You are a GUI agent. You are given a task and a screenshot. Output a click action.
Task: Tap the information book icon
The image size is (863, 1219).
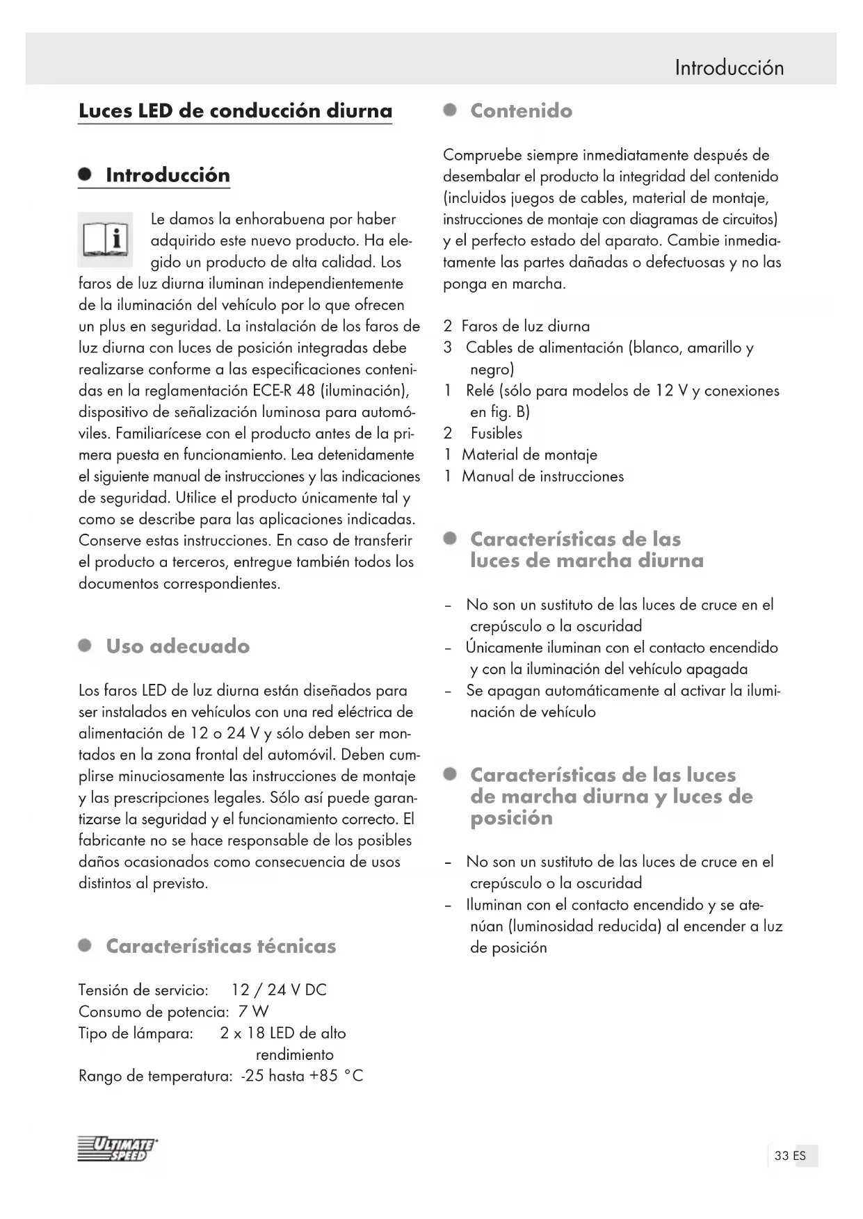[x=105, y=240]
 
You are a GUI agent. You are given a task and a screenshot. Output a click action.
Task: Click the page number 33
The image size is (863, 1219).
[x=782, y=1156]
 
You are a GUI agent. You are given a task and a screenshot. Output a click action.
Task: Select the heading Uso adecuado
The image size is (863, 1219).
[x=177, y=646]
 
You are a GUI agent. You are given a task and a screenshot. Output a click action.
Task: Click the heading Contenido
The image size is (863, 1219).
[x=521, y=111]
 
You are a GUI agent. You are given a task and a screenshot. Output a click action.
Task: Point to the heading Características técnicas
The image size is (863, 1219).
[x=220, y=947]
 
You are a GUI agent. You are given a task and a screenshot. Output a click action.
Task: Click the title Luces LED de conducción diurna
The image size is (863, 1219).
[x=235, y=111]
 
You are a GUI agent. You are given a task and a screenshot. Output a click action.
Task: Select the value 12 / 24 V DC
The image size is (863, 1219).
[x=279, y=990]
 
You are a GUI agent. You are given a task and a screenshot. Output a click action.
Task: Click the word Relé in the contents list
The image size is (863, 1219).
[x=481, y=391]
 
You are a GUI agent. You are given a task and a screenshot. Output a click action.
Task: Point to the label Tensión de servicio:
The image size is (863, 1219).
[x=143, y=990]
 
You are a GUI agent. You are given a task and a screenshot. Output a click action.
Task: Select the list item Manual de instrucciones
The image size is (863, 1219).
[x=542, y=477]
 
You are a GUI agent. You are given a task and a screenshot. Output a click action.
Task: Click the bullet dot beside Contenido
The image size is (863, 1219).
[x=451, y=111]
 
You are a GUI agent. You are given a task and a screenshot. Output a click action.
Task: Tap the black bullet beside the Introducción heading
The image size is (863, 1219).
[x=86, y=175]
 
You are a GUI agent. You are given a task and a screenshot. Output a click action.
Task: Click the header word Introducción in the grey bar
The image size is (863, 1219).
[x=729, y=68]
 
